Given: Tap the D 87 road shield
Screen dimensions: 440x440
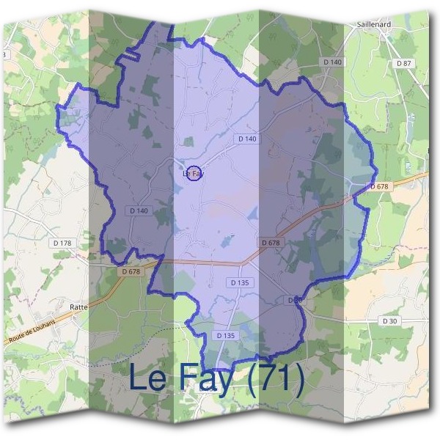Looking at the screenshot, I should pyautogui.click(x=404, y=64).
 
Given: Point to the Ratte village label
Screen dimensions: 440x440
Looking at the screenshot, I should pyautogui.click(x=78, y=308).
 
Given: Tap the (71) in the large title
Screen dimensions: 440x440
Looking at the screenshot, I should pyautogui.click(x=275, y=378).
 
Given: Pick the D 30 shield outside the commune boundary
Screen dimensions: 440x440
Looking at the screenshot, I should pyautogui.click(x=389, y=320).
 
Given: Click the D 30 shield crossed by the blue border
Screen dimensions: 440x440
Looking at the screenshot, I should pyautogui.click(x=294, y=300).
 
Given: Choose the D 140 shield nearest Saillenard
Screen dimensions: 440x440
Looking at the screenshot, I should pyautogui.click(x=331, y=62).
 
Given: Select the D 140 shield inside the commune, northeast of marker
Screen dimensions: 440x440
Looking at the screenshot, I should pyautogui.click(x=247, y=139).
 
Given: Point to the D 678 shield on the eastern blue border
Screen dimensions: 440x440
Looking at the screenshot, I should pyautogui.click(x=379, y=186).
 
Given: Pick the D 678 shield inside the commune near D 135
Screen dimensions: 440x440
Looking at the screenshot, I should pyautogui.click(x=270, y=243).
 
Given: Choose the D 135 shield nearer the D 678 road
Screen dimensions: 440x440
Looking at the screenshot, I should pyautogui.click(x=240, y=282).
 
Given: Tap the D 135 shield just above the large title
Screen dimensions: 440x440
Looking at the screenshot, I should pyautogui.click(x=227, y=335).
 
